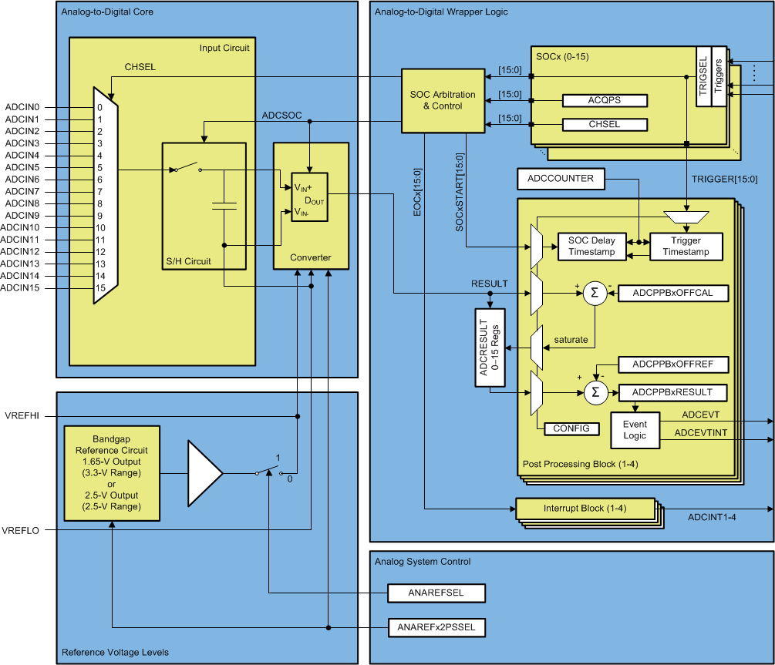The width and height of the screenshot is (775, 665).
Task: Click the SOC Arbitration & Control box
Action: click(x=442, y=100)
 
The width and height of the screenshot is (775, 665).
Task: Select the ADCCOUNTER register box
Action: click(x=560, y=179)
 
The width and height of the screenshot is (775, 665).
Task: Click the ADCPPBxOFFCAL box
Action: click(x=673, y=293)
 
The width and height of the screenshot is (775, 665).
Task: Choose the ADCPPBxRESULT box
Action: click(x=673, y=392)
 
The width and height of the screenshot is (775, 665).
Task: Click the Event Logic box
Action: click(x=635, y=430)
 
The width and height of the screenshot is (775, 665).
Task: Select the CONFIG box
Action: click(x=571, y=428)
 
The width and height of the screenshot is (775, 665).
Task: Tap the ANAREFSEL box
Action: click(x=436, y=593)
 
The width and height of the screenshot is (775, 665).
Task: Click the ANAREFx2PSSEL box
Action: click(x=436, y=627)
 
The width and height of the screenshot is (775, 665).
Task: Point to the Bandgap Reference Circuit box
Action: click(x=113, y=473)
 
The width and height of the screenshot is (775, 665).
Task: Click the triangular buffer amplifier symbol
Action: click(x=204, y=473)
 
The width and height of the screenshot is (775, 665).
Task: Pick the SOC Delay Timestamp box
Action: click(x=591, y=247)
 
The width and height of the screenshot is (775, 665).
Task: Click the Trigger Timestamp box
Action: click(x=686, y=247)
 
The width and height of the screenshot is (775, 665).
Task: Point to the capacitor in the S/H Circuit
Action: click(x=224, y=206)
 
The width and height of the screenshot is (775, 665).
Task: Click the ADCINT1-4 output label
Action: click(x=711, y=517)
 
